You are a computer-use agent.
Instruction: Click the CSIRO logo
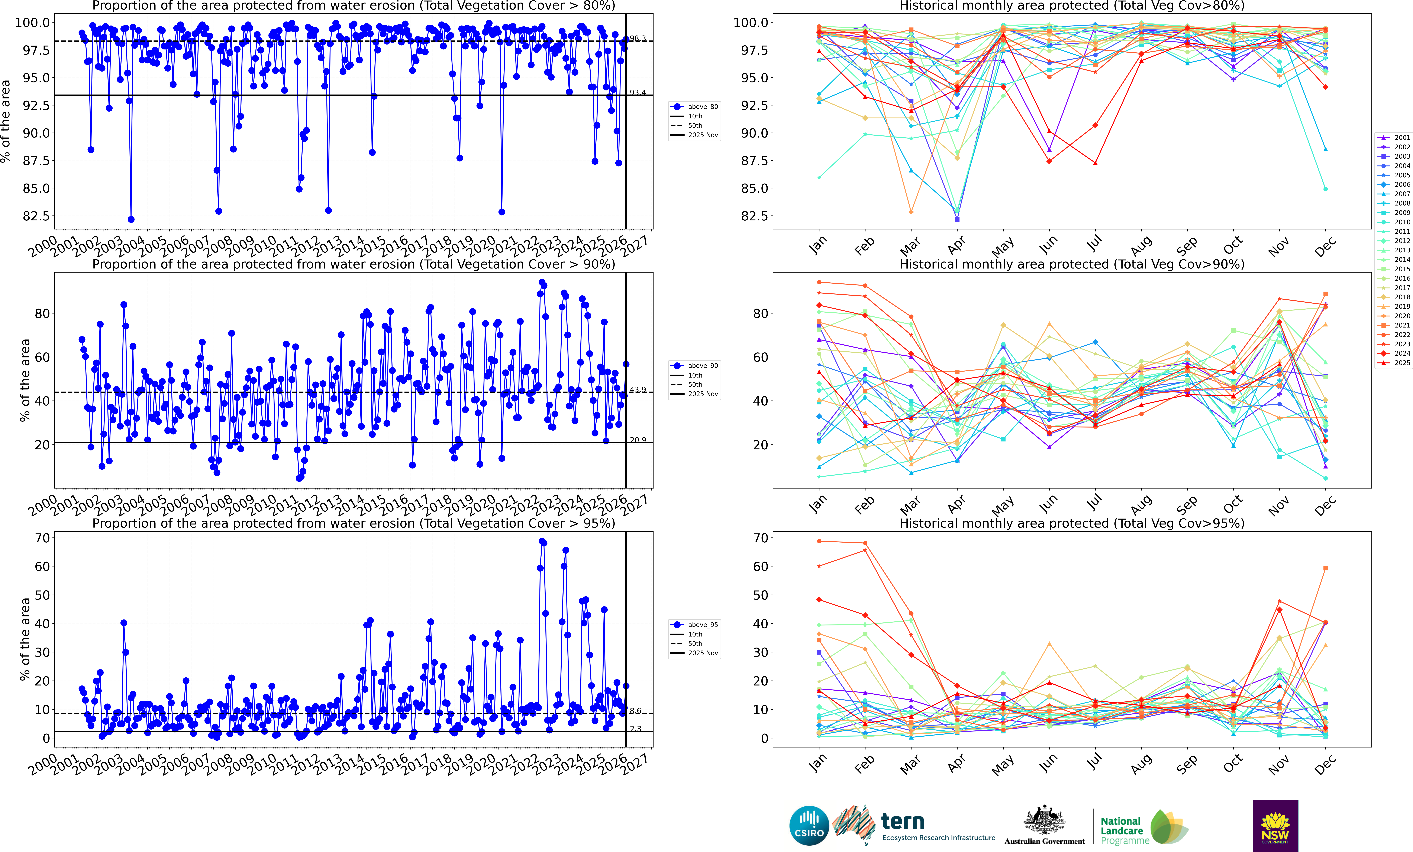[x=809, y=826]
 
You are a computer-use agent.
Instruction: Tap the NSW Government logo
[x=1275, y=826]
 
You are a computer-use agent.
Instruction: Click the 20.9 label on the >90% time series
[x=638, y=440]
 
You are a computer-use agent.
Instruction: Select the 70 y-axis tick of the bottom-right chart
[x=760, y=538]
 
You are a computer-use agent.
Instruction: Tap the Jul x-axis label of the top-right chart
[x=1094, y=245]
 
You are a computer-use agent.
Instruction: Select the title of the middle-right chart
[x=1072, y=264]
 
